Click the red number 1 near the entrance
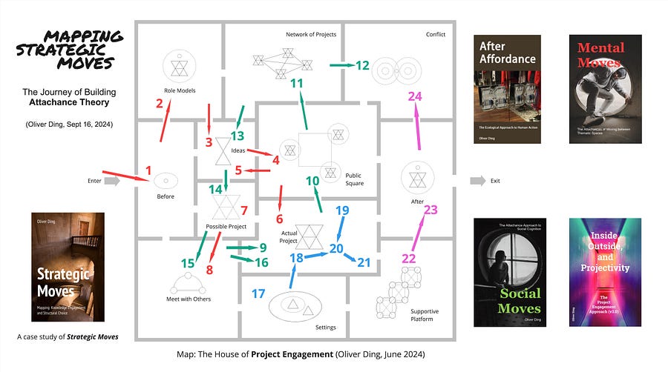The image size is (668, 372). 148,170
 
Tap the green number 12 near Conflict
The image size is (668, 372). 361,65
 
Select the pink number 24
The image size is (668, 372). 415,97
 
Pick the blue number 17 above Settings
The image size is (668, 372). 258,293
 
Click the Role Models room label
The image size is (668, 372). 178,90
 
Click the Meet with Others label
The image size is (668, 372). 189,299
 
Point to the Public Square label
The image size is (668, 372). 354,179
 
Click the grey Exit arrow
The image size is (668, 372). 479,180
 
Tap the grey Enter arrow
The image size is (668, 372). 111,180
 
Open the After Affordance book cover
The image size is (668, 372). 507,87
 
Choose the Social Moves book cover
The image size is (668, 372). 507,271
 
